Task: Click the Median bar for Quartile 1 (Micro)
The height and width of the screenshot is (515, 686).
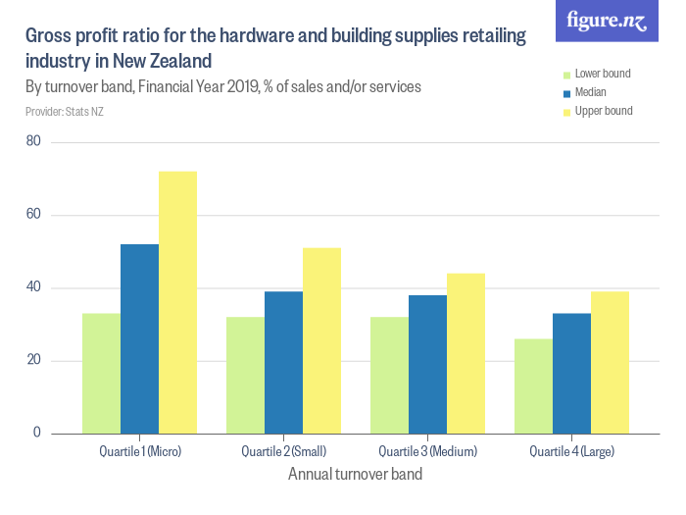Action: pyautogui.click(x=139, y=338)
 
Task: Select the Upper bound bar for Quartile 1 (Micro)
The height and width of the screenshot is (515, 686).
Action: pyautogui.click(x=177, y=302)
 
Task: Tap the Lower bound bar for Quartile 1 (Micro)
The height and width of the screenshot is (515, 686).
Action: pyautogui.click(x=101, y=373)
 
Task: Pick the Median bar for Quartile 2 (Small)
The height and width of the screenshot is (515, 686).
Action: pyautogui.click(x=283, y=362)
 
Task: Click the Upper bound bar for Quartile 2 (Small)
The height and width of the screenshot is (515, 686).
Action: pyautogui.click(x=321, y=340)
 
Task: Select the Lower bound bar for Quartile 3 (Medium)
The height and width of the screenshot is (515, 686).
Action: pyautogui.click(x=389, y=375)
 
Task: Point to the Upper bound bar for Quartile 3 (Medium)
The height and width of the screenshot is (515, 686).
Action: pyautogui.click(x=465, y=353)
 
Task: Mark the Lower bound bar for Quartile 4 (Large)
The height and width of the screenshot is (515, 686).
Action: pyautogui.click(x=533, y=386)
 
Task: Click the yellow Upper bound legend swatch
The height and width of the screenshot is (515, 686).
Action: pyautogui.click(x=565, y=112)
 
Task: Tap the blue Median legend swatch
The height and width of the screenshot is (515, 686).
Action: pyautogui.click(x=565, y=93)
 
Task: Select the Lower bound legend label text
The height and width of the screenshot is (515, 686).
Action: pyautogui.click(x=602, y=75)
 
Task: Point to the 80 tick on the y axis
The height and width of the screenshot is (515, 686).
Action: pyautogui.click(x=33, y=142)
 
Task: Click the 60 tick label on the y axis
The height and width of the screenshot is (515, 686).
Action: pyautogui.click(x=33, y=215)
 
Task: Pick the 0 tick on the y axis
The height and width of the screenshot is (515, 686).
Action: pyautogui.click(x=37, y=433)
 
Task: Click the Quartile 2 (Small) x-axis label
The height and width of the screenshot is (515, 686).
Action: pyautogui.click(x=283, y=452)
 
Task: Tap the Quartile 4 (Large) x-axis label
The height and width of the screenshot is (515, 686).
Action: pyautogui.click(x=571, y=452)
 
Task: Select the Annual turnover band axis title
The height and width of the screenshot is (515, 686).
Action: pyautogui.click(x=356, y=475)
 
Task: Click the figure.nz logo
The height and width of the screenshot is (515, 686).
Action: pyautogui.click(x=607, y=21)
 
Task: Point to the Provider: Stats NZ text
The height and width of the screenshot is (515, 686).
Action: pyautogui.click(x=65, y=112)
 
